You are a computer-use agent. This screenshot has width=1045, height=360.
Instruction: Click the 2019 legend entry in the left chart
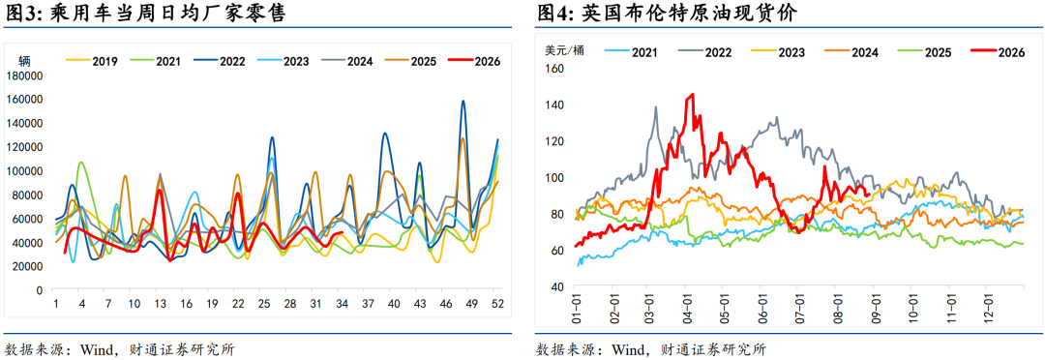[92, 61]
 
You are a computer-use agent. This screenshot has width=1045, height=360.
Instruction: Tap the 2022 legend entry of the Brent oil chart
[703, 51]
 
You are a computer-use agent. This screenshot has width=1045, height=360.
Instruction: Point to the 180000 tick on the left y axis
[24, 75]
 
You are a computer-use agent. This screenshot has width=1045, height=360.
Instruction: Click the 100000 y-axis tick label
[24, 170]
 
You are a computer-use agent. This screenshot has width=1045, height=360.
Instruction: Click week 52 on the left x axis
[495, 304]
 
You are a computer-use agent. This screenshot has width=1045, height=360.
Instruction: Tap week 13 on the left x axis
[160, 304]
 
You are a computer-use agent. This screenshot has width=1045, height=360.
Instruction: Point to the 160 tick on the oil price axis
[554, 68]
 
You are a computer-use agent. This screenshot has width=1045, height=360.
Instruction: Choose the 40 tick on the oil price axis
[558, 286]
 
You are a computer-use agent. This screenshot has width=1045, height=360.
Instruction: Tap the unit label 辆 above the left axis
[24, 61]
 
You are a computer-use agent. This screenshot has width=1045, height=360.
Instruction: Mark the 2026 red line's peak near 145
[692, 95]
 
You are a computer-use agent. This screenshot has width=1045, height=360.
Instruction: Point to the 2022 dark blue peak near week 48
[463, 102]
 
